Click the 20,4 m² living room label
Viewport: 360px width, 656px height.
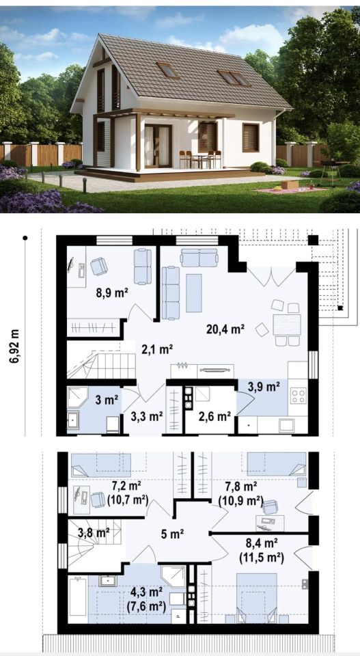click(225, 329)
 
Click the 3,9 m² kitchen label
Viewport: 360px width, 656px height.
click(264, 387)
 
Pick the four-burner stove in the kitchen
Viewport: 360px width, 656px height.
click(299, 396)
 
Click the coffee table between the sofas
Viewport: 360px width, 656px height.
click(193, 293)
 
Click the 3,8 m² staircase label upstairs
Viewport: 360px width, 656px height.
click(93, 532)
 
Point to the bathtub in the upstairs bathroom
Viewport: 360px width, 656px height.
click(78, 597)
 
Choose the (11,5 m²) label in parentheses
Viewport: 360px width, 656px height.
click(262, 558)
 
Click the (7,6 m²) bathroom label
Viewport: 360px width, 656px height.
click(146, 606)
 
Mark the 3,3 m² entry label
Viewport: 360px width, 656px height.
click(147, 416)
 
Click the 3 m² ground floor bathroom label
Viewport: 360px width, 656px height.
click(106, 401)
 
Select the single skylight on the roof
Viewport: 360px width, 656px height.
click(168, 70)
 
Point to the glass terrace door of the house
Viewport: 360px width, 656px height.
click(158, 146)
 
